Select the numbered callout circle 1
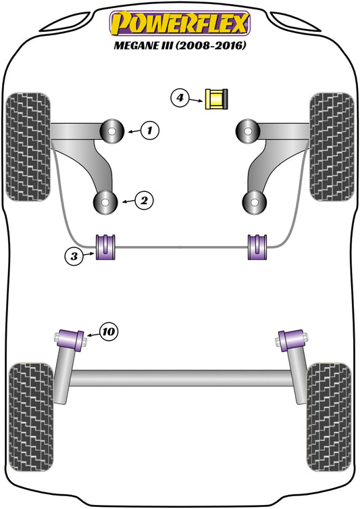click(x=151, y=128)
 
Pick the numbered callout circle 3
click(x=75, y=256)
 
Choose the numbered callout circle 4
click(x=180, y=99)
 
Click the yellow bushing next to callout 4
click(x=217, y=99)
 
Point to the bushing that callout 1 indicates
click(x=112, y=129)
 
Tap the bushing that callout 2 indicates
click(x=105, y=201)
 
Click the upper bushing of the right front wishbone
click(x=249, y=129)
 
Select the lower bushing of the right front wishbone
click(x=253, y=201)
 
